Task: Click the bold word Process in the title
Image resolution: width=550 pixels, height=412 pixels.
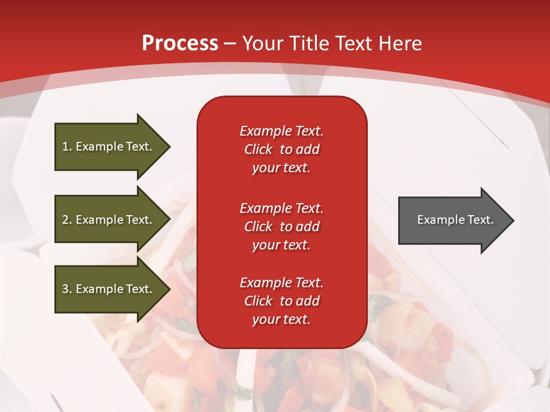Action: pos(180,43)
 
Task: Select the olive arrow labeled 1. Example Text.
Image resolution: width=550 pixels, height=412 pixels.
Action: pos(109,146)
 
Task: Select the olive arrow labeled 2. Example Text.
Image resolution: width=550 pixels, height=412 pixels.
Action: pos(109,220)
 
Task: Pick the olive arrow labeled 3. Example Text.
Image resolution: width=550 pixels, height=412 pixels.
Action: pos(109,289)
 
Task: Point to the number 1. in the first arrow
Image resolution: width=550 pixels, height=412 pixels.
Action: pos(66,146)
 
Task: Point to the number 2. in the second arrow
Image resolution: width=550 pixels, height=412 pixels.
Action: pos(66,220)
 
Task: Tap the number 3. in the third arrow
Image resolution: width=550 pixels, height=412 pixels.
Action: pos(66,289)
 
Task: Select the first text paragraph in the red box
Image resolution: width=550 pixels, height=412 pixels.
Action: pos(281,149)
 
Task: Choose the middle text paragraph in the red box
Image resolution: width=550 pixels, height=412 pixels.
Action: pos(281,226)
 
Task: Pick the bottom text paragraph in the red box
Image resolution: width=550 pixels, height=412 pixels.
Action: pos(281,301)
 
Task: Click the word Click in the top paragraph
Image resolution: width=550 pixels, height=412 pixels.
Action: pos(258,149)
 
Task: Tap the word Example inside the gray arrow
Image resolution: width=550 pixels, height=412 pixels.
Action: pos(437,220)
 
